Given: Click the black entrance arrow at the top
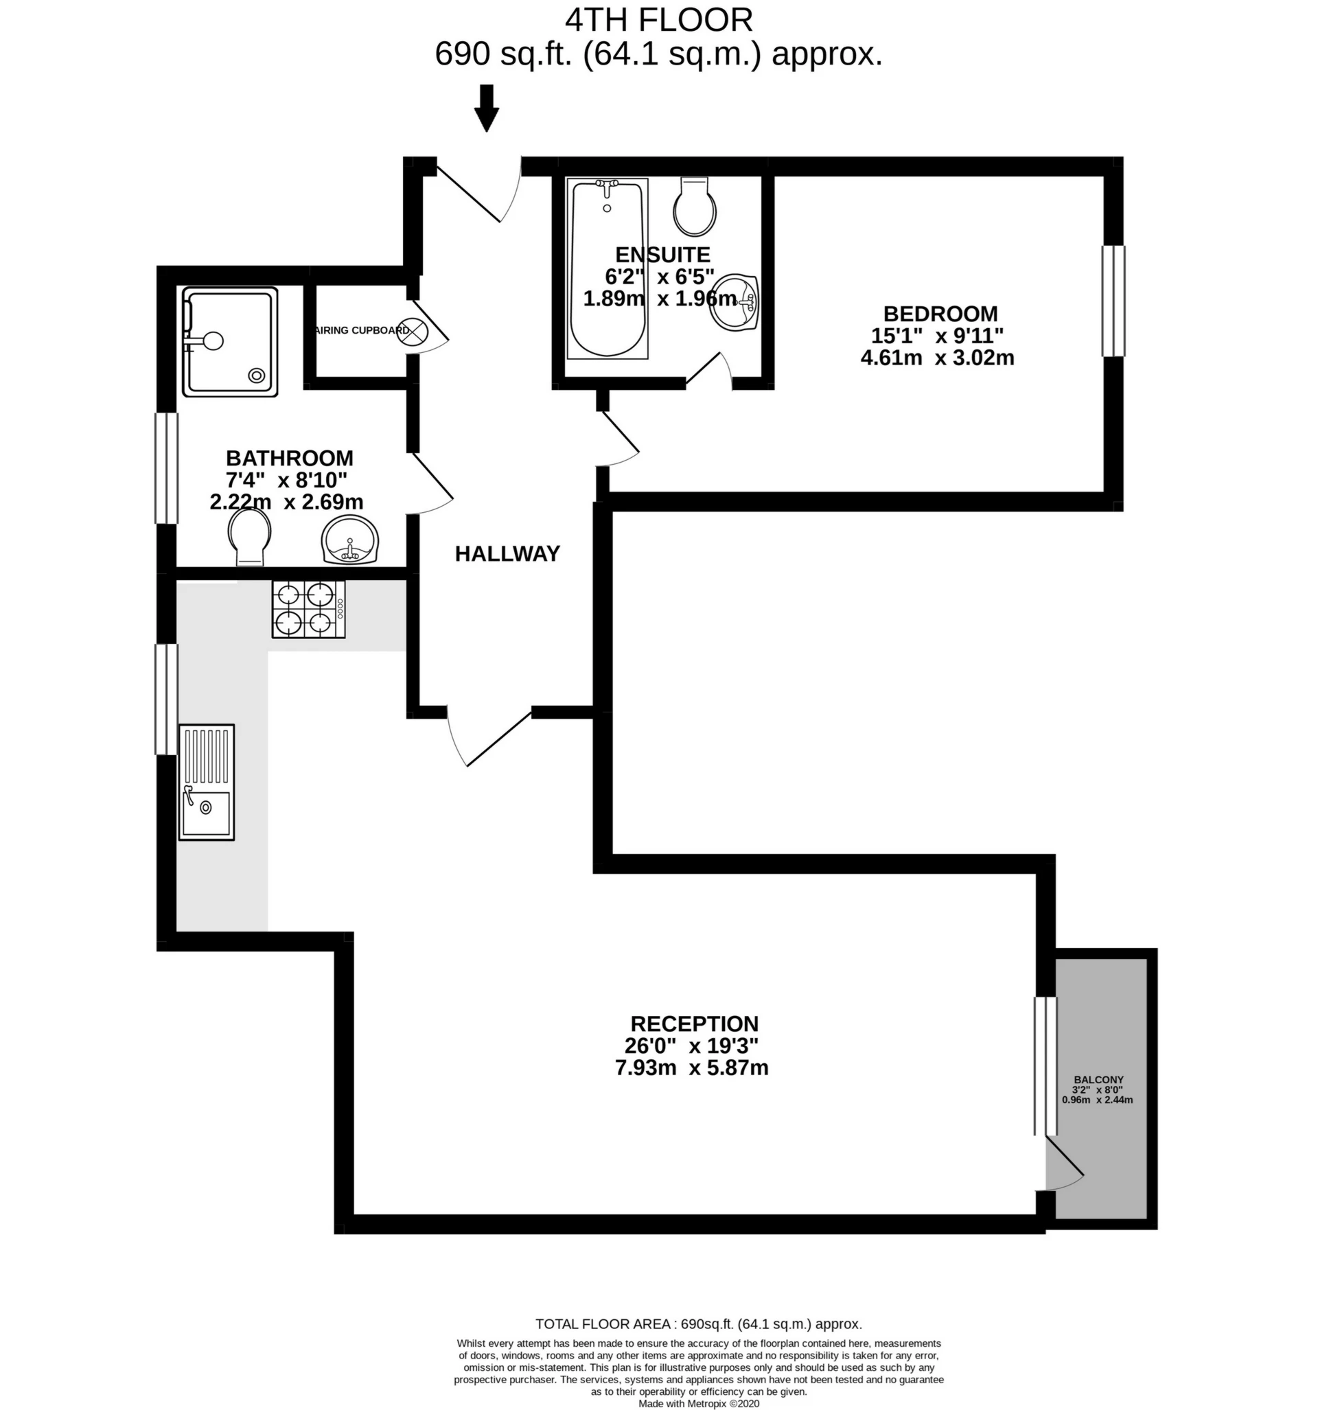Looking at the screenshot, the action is (x=487, y=108).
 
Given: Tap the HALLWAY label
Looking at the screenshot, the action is (x=507, y=553).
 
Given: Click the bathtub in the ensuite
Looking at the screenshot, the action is (x=608, y=268).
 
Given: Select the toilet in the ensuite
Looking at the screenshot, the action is (x=695, y=207).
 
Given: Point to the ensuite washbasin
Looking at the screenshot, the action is (x=735, y=303).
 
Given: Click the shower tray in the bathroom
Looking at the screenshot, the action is (x=229, y=341).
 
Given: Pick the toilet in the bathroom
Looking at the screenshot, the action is (x=250, y=538).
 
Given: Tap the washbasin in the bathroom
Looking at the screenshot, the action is (x=349, y=540).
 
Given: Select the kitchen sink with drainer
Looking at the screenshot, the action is (x=207, y=783).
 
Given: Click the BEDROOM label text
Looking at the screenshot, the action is (x=940, y=314).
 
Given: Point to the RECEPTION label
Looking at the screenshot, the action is (x=695, y=1024).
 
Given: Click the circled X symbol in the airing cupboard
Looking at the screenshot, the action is (x=413, y=332).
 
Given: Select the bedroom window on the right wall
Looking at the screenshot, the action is (x=1113, y=301).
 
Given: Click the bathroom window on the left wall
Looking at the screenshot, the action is (x=167, y=468).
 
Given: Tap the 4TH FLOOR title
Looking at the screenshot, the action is (x=659, y=20).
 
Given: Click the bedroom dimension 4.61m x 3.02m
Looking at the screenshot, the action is (x=937, y=358).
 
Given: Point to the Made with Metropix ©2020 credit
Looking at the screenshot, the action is (x=699, y=1403).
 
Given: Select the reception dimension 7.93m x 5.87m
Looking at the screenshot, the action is (x=692, y=1067).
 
